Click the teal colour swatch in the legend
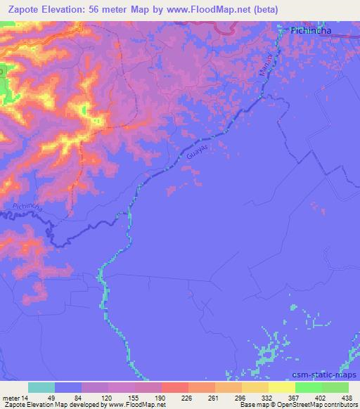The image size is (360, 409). point(41,387)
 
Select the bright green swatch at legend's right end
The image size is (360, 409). point(335,387)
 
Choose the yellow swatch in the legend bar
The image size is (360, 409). point(282,387)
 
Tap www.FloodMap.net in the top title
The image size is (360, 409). point(212,10)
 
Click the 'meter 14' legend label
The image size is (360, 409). point(16,396)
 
